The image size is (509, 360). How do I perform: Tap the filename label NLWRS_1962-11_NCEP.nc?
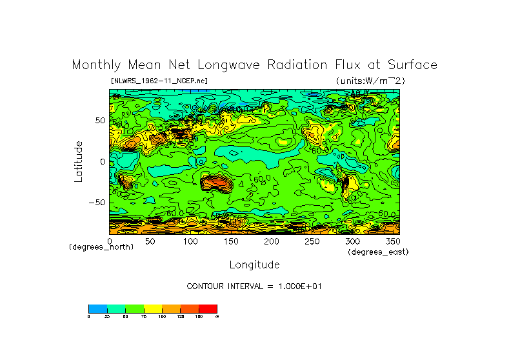click(x=159, y=81)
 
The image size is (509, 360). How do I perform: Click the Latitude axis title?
click(x=79, y=161)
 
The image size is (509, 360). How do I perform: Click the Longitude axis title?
click(x=254, y=265)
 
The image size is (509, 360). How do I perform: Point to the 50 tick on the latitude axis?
click(x=100, y=121)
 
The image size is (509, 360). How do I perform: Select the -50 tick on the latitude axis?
click(x=97, y=202)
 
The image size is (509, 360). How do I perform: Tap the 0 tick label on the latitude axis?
click(x=102, y=161)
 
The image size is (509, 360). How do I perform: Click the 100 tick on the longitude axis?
click(x=190, y=241)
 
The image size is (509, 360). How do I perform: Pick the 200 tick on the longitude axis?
click(x=270, y=241)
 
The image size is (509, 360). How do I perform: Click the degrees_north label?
click(x=101, y=247)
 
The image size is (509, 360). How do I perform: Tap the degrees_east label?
click(x=378, y=252)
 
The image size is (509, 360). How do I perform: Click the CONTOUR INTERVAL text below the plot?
click(x=254, y=286)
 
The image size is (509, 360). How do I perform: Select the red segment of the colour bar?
click(x=208, y=308)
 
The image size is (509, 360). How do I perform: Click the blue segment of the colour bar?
click(x=97, y=308)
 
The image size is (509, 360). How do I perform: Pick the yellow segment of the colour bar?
click(x=153, y=308)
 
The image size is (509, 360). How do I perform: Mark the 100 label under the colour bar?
click(x=161, y=316)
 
